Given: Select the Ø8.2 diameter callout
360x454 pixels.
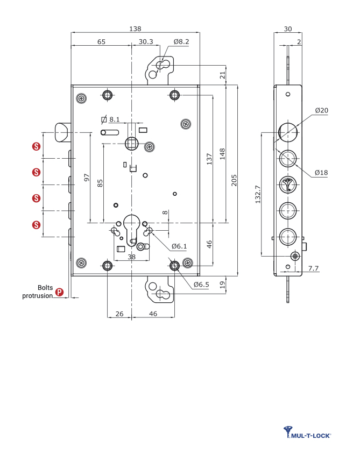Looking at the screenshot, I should pyautogui.click(x=181, y=41).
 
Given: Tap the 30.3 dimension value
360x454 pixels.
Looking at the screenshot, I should pyautogui.click(x=145, y=41).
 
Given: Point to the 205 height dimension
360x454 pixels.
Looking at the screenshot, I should pyautogui.click(x=234, y=180).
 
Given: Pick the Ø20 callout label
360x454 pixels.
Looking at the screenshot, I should pyautogui.click(x=322, y=110).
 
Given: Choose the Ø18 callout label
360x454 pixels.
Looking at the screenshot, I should pyautogui.click(x=322, y=172).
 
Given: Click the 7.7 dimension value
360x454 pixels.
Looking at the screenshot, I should pyautogui.click(x=314, y=267).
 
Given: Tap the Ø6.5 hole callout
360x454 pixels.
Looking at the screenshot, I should pyautogui.click(x=201, y=284).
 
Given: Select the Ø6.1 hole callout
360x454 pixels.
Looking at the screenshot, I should pyautogui.click(x=179, y=246).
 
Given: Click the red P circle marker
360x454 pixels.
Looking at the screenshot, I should pyautogui.click(x=60, y=293).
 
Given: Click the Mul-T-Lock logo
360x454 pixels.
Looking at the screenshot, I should pyautogui.click(x=307, y=432).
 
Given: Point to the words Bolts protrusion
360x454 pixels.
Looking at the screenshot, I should pyautogui.click(x=38, y=292).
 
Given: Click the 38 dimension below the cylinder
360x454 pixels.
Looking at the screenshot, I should pyautogui.click(x=131, y=257).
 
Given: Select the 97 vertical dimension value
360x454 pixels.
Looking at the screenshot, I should pyautogui.click(x=87, y=178).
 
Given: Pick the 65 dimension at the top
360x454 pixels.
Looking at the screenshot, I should pyautogui.click(x=101, y=41).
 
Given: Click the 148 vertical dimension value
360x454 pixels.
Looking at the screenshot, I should pyautogui.click(x=222, y=154).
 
